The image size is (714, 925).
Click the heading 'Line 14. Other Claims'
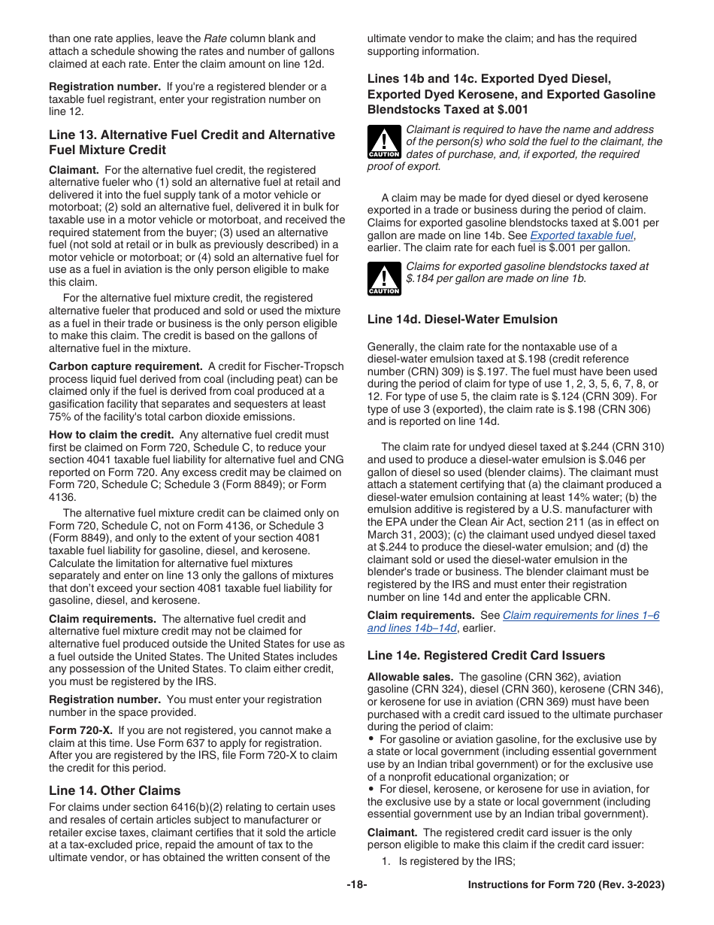[114, 790]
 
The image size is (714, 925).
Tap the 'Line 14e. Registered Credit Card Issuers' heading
[486, 655]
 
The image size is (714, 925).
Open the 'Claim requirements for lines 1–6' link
[580, 614]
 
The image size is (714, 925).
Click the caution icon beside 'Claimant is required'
[384, 141]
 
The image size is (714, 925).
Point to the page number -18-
[357, 885]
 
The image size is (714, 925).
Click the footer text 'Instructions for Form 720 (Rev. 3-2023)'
[566, 885]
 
